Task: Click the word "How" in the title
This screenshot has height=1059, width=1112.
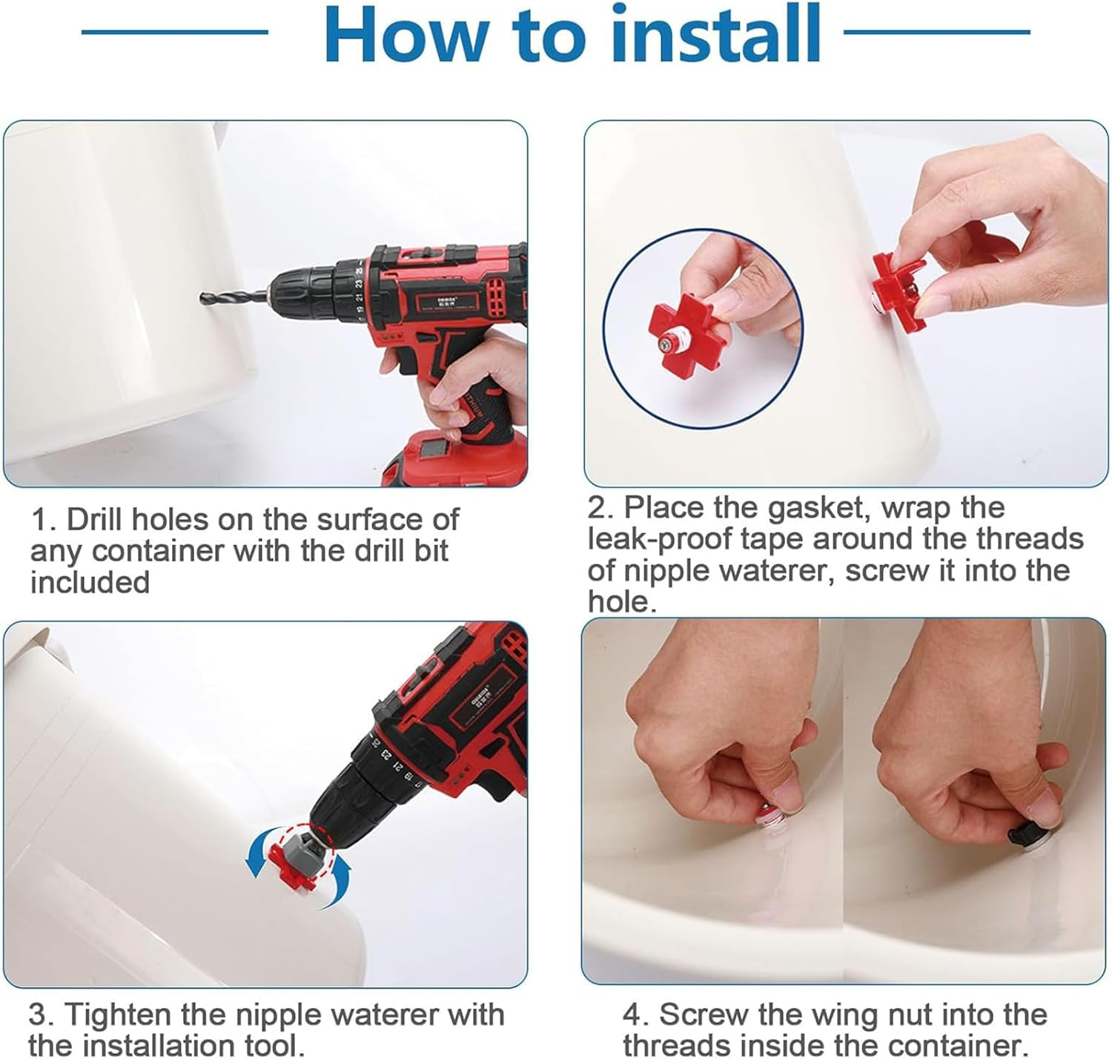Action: coord(407,34)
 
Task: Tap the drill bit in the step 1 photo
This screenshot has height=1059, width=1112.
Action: coord(233,297)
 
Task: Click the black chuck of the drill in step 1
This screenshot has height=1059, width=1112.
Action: coord(302,294)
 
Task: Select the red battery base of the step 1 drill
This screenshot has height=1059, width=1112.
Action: coord(455,458)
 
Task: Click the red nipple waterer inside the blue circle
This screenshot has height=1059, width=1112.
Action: coord(684,337)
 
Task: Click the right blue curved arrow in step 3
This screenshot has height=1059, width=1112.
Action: coord(340,883)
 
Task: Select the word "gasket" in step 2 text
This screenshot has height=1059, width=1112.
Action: coord(817,508)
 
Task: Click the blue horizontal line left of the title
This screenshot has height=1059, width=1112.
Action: coord(175,33)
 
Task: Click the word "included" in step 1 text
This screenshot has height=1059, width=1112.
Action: coord(90,582)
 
